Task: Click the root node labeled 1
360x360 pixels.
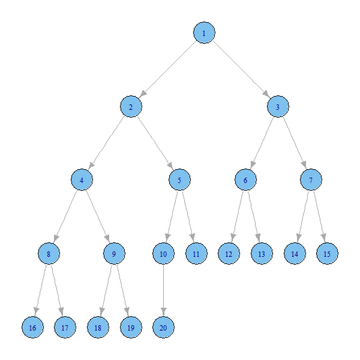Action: click(204, 33)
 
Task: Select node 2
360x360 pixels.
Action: click(130, 107)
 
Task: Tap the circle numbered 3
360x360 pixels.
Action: click(278, 107)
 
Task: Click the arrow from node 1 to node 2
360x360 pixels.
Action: click(167, 70)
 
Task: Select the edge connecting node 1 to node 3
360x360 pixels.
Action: click(241, 70)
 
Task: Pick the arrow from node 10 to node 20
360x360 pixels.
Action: click(163, 291)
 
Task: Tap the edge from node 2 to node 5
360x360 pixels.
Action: click(155, 143)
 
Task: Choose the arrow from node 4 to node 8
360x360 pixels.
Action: click(65, 217)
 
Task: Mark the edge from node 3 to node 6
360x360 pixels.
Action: click(262, 143)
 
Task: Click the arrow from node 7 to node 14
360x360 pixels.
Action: click(302, 217)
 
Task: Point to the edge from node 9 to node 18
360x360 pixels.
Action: click(106, 291)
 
